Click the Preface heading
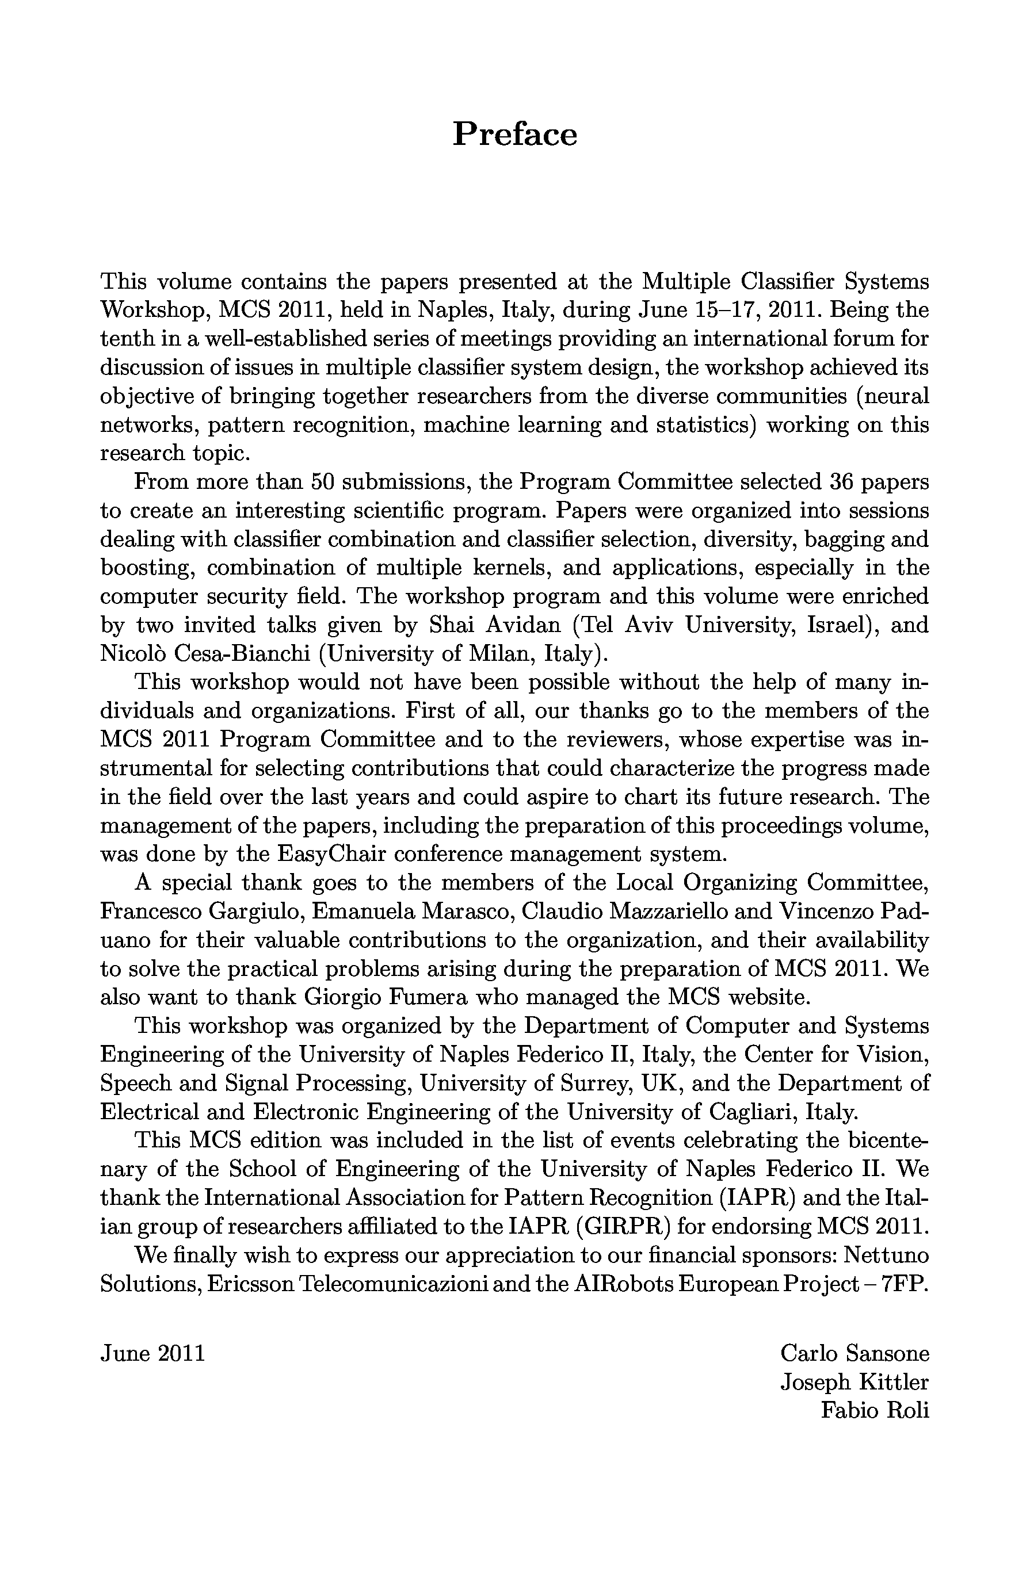click(514, 134)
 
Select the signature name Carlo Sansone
click(854, 1353)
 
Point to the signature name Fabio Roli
click(875, 1410)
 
